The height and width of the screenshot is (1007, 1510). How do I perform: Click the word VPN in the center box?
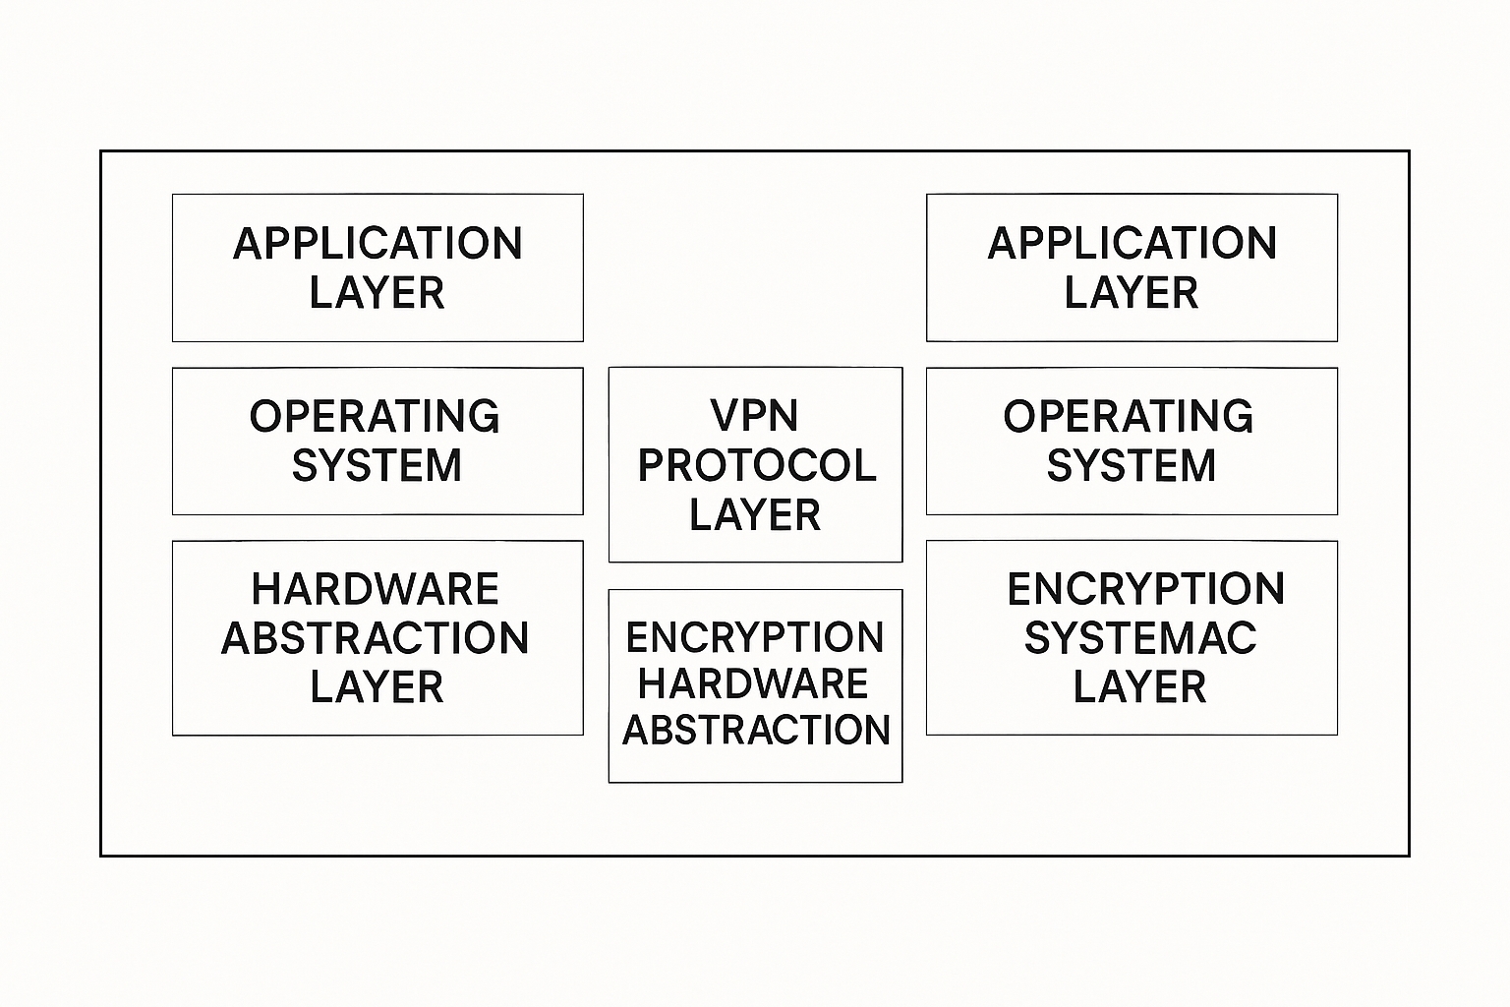(754, 416)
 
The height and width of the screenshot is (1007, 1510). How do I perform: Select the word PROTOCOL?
(756, 465)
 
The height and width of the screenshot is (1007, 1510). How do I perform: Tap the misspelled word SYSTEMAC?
(1140, 638)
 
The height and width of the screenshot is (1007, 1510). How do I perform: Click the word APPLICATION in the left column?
(377, 244)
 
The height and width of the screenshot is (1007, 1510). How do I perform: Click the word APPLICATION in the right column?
(1132, 244)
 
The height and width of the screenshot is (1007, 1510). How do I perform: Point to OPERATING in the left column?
(375, 417)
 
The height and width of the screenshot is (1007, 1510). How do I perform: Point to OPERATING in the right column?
(1129, 417)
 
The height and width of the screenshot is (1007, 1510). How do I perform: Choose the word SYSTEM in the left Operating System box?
(377, 466)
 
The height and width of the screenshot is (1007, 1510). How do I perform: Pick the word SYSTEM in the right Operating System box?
(1131, 466)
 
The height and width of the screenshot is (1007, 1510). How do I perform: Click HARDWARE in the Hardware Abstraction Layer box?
(376, 590)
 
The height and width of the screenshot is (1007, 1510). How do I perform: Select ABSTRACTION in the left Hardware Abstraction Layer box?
(376, 638)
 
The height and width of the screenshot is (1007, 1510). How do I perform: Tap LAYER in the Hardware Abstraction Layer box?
(377, 687)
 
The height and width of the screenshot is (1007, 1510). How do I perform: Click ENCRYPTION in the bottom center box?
(755, 638)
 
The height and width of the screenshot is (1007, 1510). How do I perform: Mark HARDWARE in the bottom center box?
(753, 684)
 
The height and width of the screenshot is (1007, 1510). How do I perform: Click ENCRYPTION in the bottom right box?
(1146, 590)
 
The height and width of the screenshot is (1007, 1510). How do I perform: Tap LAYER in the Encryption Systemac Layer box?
(1139, 687)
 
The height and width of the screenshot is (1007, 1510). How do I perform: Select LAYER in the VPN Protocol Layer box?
(755, 515)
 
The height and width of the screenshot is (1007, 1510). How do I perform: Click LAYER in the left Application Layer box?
(377, 293)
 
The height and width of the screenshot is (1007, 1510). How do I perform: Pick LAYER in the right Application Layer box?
(1131, 293)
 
